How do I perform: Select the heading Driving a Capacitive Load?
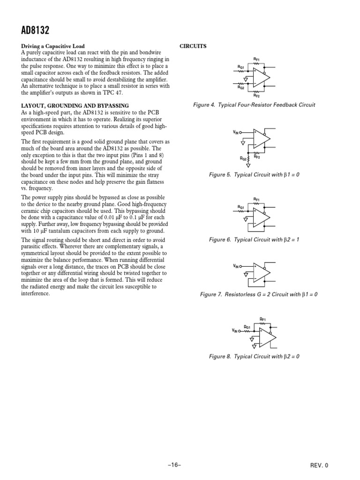pos(52,47)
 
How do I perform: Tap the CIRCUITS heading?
pos(193,47)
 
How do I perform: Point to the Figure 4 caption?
pos(254,105)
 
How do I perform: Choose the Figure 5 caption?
pos(254,175)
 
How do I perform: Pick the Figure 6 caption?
pos(254,240)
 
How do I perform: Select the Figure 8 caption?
pos(254,356)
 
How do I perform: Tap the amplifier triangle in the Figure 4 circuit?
pos(261,76)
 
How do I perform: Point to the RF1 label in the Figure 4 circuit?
pos(256,59)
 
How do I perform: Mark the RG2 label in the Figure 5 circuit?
pos(244,159)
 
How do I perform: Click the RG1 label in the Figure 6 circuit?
pos(241,207)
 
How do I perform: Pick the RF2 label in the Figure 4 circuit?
pos(256,95)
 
